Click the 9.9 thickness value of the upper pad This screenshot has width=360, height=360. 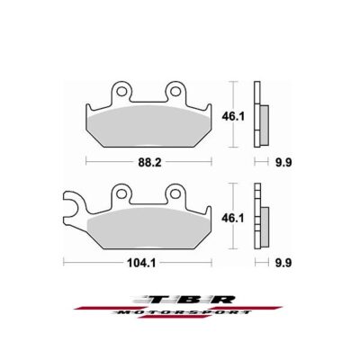[260, 164]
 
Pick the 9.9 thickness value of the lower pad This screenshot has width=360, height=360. [260, 263]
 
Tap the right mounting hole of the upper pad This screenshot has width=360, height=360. [175, 91]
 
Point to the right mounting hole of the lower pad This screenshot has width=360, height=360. [175, 192]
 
